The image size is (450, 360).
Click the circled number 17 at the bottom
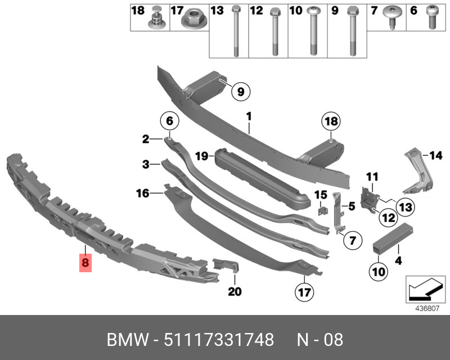pos(304,292)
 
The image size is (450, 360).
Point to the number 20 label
pos(235,291)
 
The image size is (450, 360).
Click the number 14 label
pos(436,154)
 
